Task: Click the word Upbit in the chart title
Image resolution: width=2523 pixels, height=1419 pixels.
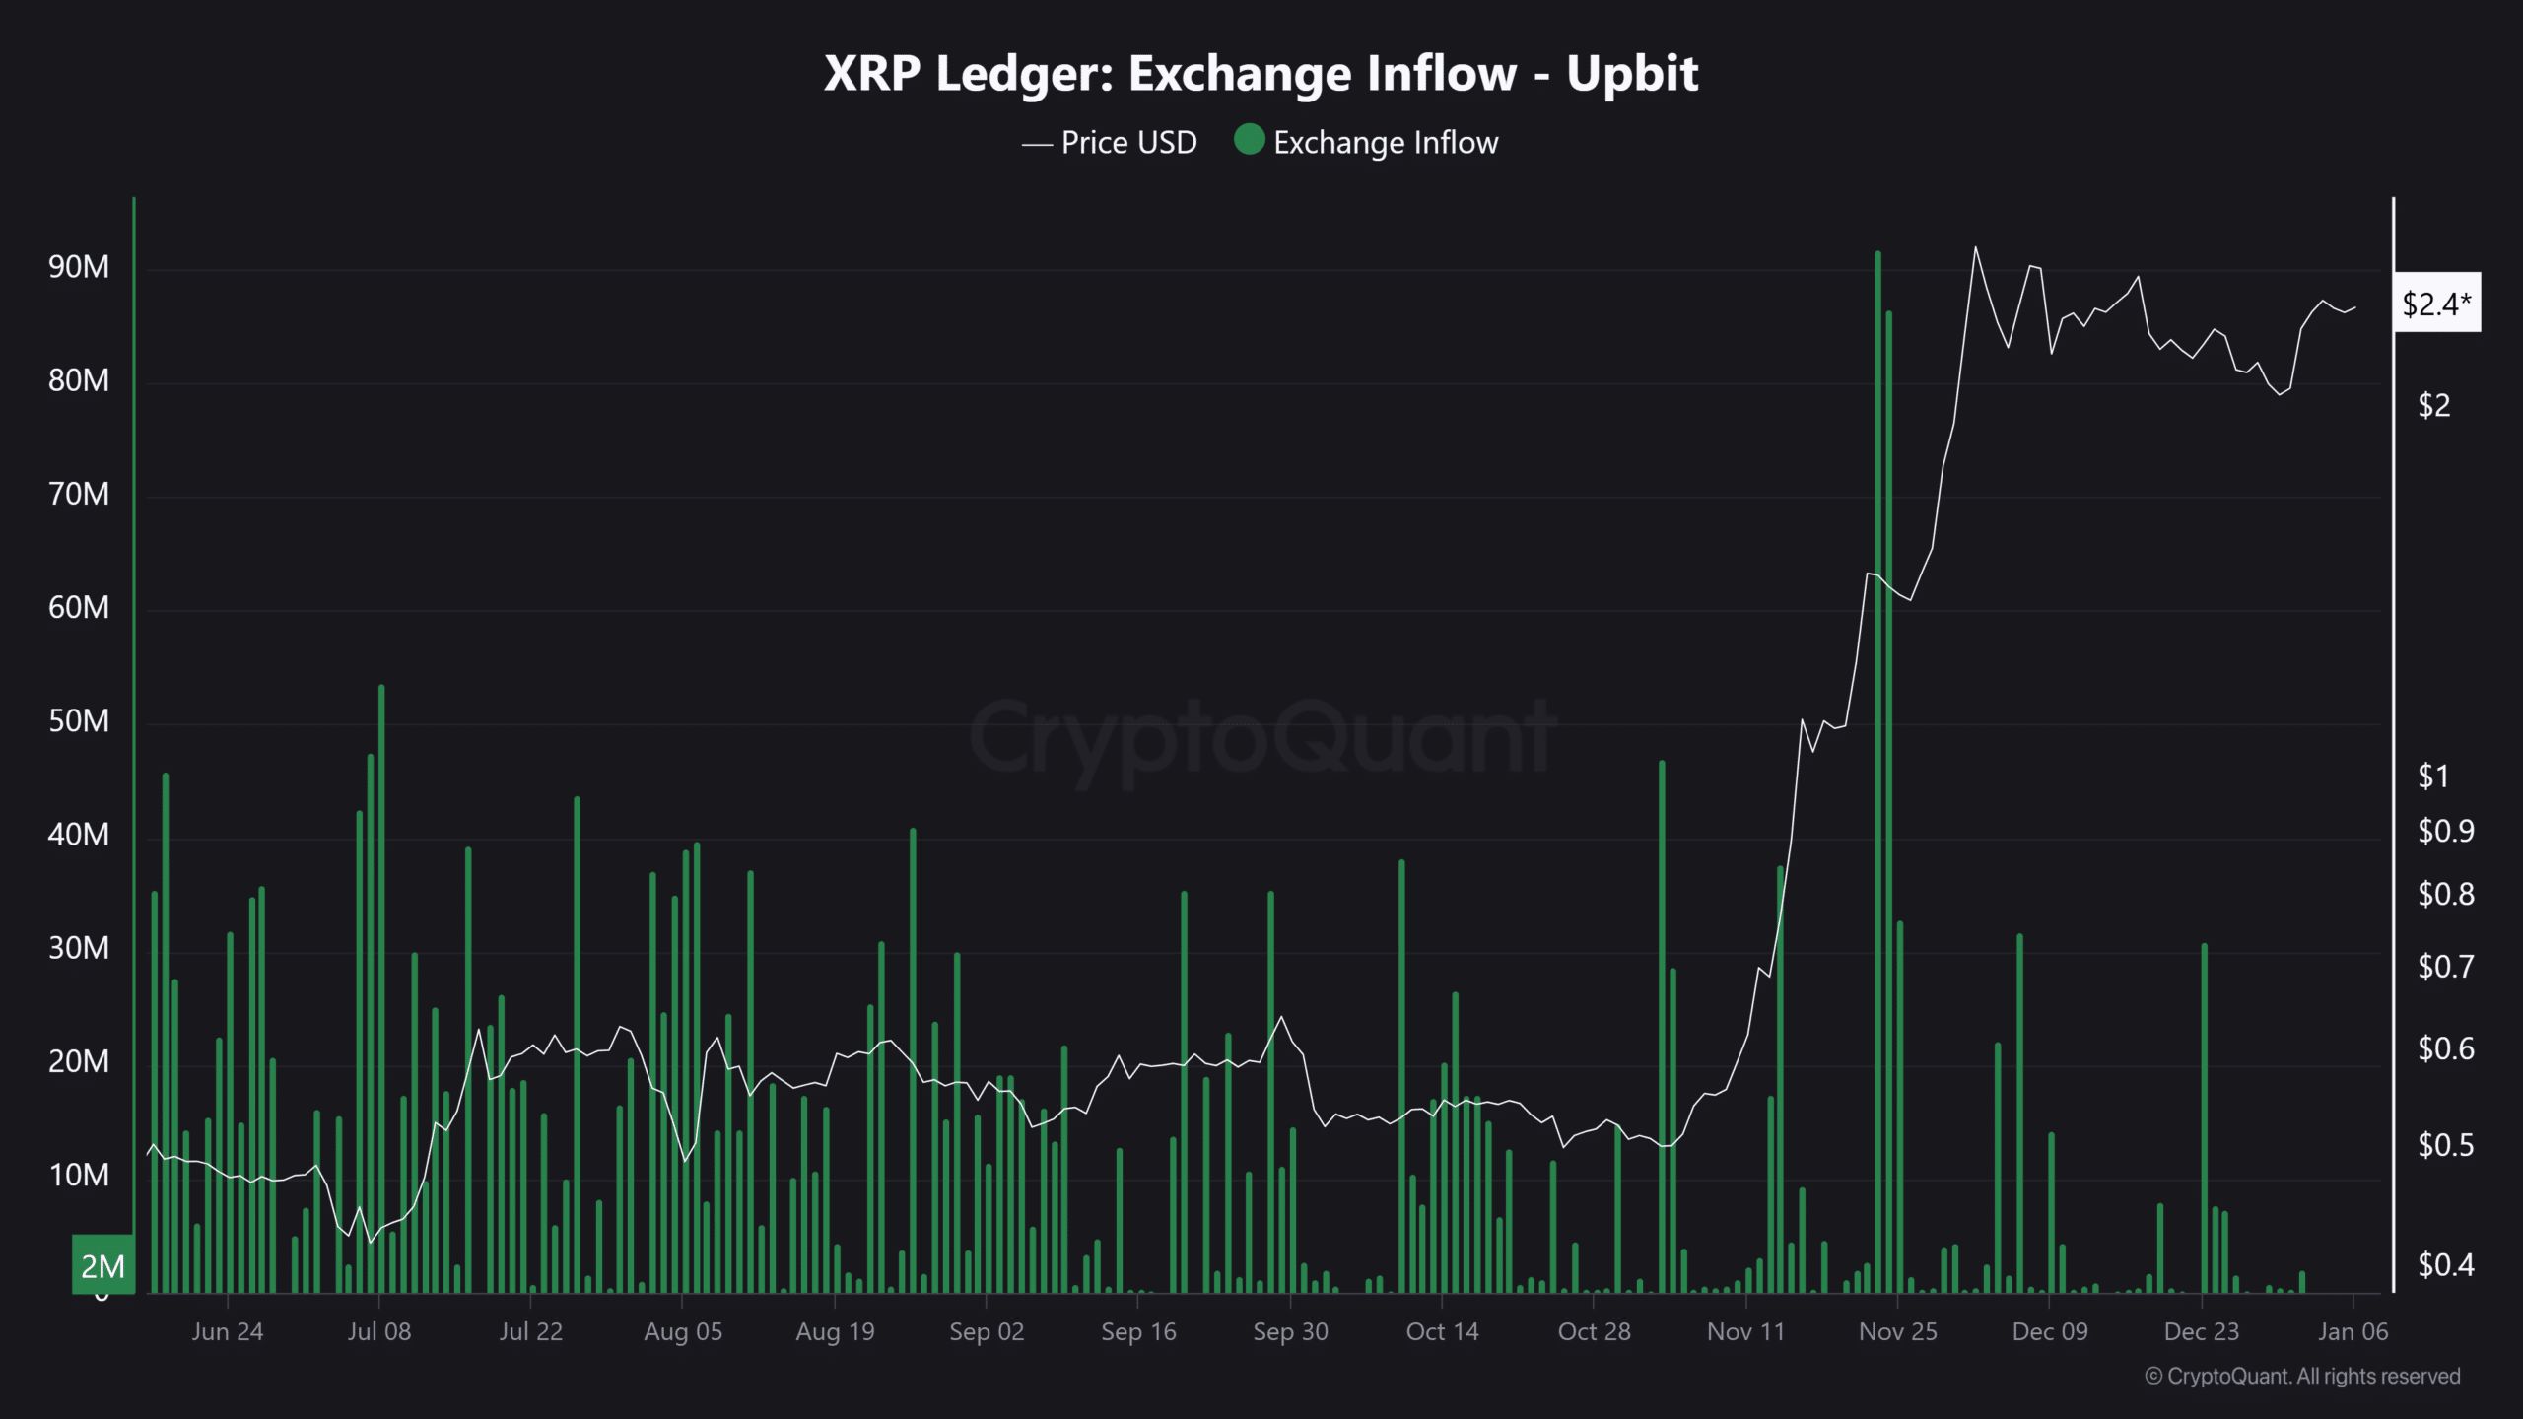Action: point(1632,74)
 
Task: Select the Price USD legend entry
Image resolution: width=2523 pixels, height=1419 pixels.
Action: point(1111,143)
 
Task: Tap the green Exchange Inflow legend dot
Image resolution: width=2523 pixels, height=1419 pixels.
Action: point(1249,140)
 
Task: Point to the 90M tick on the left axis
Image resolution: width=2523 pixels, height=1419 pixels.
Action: point(78,267)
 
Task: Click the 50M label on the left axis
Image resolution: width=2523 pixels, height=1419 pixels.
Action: point(78,721)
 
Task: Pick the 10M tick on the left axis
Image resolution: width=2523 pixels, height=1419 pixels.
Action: point(78,1176)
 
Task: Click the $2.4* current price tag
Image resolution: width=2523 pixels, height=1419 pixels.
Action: point(2436,304)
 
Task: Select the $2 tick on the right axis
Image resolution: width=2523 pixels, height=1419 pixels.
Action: point(2433,405)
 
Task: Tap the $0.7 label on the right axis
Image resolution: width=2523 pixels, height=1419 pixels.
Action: point(2445,967)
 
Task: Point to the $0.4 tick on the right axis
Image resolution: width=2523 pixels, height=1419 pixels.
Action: point(2445,1264)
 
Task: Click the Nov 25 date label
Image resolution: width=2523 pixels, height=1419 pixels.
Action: point(1897,1332)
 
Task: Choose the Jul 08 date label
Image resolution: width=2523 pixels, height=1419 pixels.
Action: point(379,1332)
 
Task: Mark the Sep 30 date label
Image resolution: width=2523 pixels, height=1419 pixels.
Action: point(1290,1332)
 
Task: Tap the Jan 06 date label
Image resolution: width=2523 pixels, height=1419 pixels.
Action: point(2353,1332)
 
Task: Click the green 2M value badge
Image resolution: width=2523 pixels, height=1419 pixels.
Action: point(102,1266)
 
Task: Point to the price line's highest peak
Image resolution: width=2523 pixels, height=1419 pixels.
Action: point(1975,248)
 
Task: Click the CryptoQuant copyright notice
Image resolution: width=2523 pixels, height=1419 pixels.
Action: point(2302,1376)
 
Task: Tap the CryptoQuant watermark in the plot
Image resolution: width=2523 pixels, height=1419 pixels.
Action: point(1261,737)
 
